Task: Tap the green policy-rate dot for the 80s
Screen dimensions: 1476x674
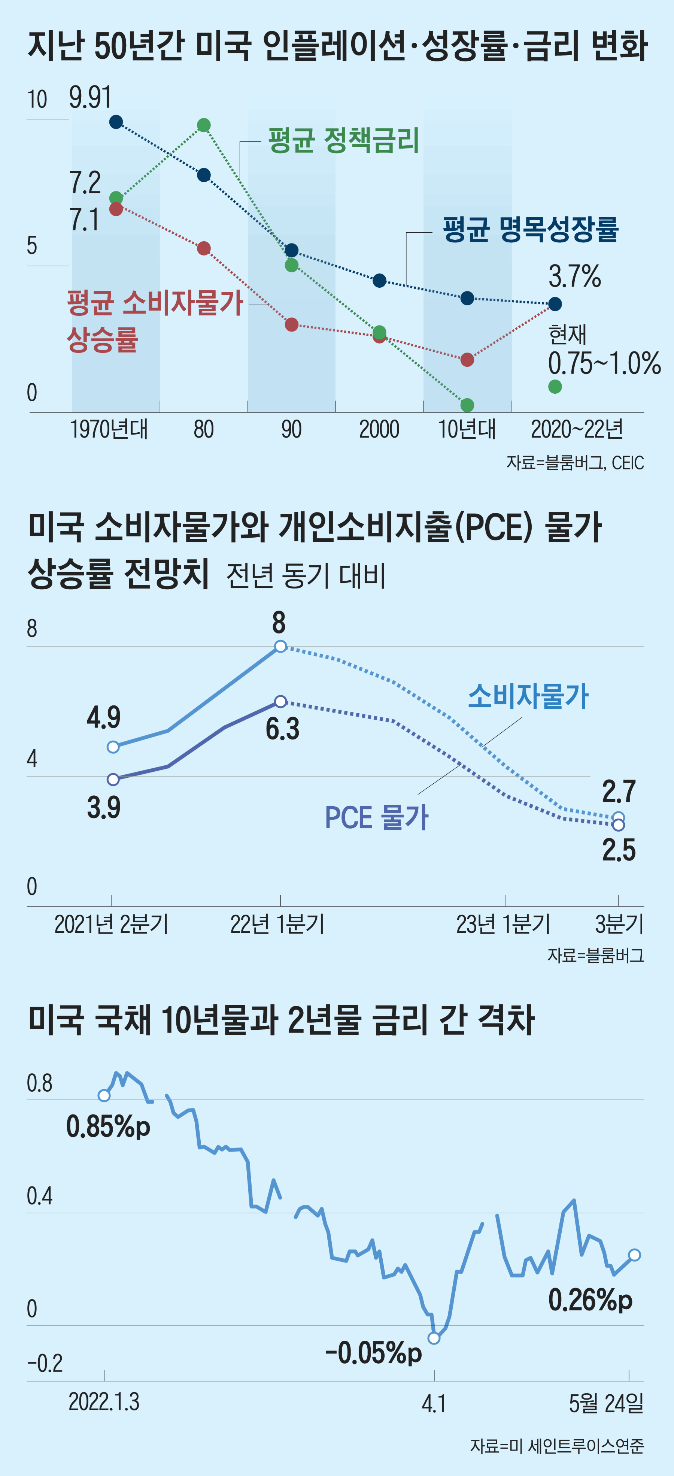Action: [x=204, y=125]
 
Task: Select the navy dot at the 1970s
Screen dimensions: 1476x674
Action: [x=116, y=121]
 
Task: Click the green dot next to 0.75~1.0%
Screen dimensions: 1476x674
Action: [x=555, y=387]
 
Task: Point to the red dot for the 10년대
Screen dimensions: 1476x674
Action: [x=467, y=359]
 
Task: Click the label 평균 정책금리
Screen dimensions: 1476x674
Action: [x=344, y=140]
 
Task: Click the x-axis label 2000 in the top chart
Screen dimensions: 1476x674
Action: [x=379, y=429]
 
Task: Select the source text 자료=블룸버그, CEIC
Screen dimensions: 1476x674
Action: [x=575, y=462]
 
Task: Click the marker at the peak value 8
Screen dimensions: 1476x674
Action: [x=280, y=646]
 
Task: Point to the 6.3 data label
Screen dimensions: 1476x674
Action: [x=282, y=729]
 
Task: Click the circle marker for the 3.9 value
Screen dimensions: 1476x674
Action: [x=113, y=779]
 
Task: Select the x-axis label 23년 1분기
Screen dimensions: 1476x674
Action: [x=503, y=924]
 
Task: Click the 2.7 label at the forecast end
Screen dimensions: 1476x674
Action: [x=619, y=792]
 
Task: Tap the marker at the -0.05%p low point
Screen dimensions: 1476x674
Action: [x=434, y=1338]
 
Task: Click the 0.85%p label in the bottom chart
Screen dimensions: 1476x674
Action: [x=108, y=1126]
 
